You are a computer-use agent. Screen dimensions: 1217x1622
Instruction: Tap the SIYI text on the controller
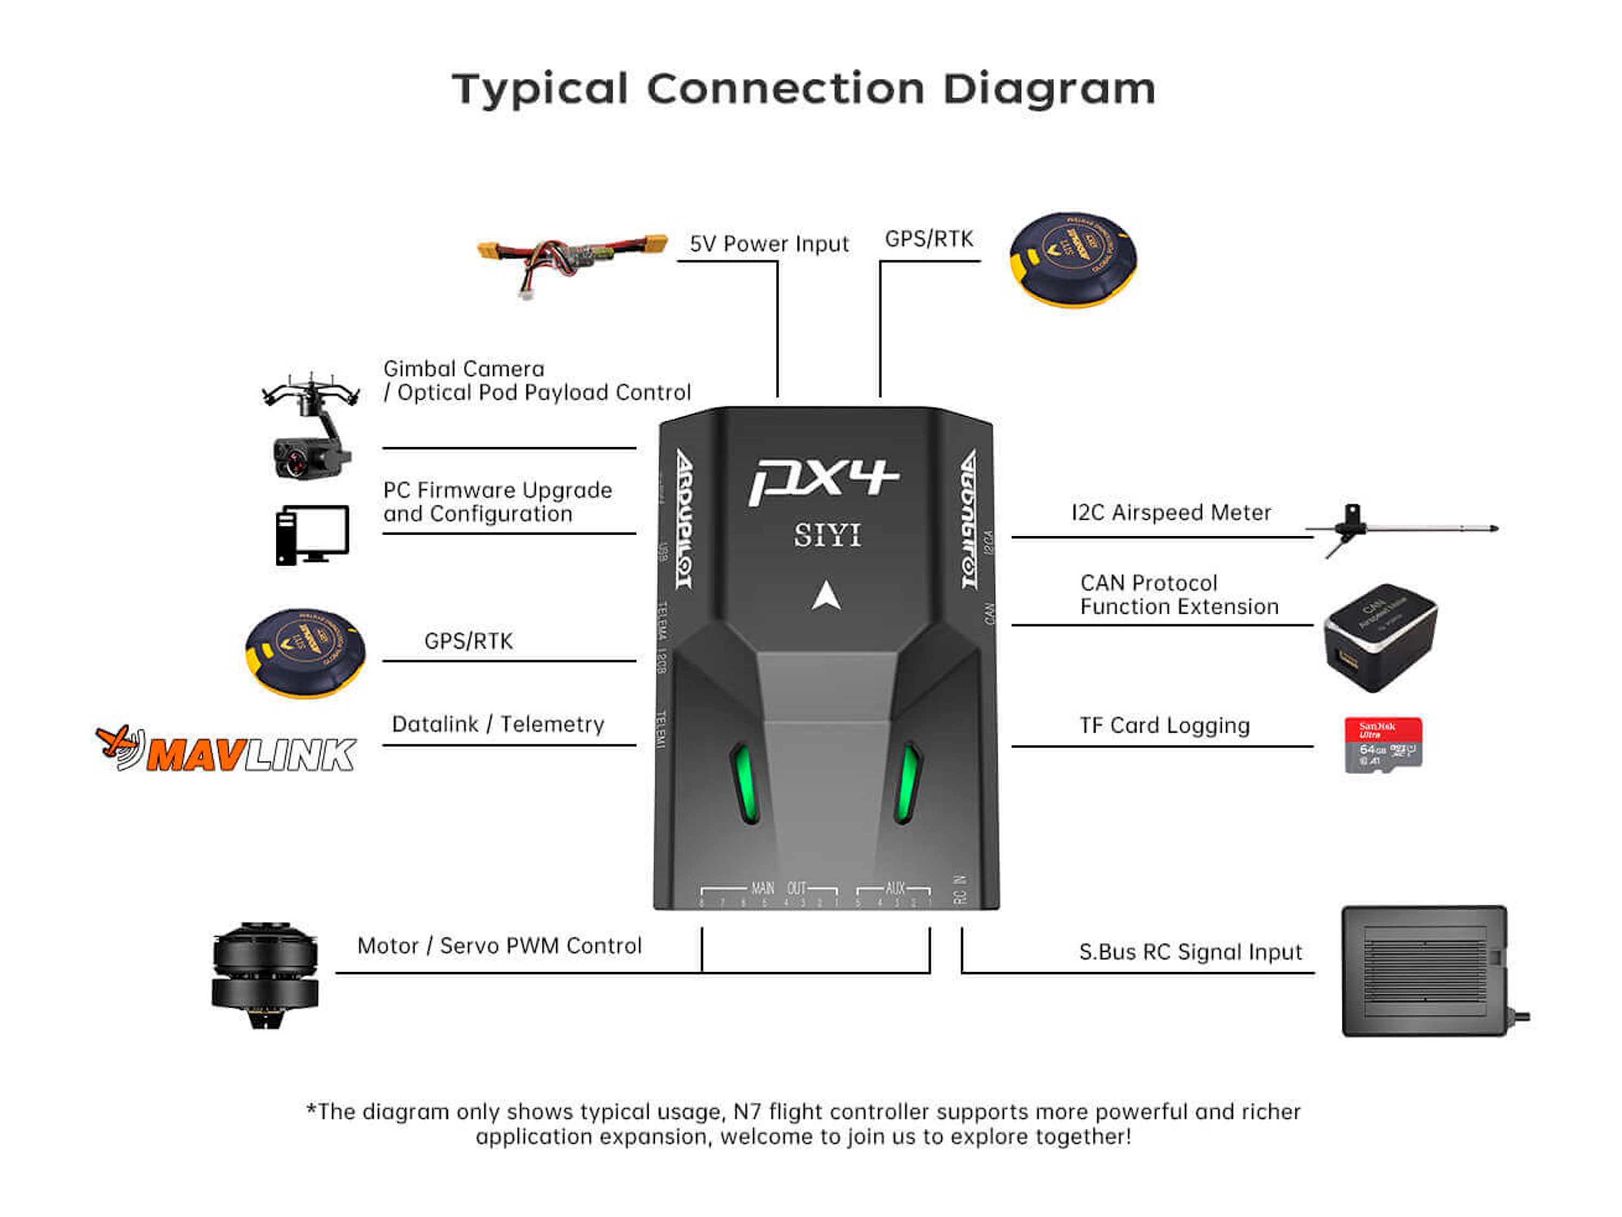click(x=827, y=535)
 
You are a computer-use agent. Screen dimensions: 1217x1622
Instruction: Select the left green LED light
click(x=744, y=783)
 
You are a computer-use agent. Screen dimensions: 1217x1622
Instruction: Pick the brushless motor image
click(x=265, y=974)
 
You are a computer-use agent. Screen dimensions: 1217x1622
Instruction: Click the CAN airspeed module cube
click(x=1380, y=637)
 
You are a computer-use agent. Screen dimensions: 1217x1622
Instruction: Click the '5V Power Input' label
click(x=768, y=243)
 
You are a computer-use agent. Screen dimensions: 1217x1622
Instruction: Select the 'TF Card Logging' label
click(x=1165, y=725)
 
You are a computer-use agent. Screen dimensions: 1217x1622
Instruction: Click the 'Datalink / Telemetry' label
click(x=498, y=724)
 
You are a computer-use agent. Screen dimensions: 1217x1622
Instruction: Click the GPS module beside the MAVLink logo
click(x=305, y=652)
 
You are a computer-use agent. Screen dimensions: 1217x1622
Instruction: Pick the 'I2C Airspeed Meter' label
click(x=1171, y=513)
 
